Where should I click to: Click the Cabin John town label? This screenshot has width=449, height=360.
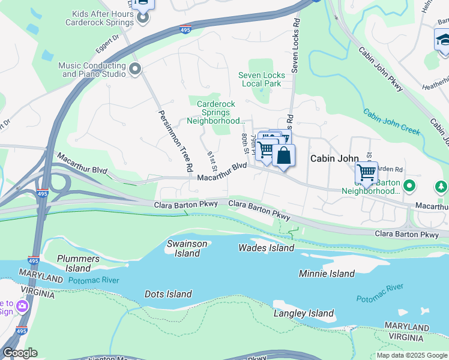[330, 158]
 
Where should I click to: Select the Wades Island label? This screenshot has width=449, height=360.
[266, 248]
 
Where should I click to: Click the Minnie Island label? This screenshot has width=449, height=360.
[327, 274]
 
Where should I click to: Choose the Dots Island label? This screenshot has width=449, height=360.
[168, 294]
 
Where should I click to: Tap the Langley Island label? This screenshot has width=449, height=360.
[303, 313]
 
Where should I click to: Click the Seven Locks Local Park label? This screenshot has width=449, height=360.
[260, 79]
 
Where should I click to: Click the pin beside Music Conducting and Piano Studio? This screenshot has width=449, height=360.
[134, 70]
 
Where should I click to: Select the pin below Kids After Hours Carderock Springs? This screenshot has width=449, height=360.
[142, 19]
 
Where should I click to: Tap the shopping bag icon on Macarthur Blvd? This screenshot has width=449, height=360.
[283, 156]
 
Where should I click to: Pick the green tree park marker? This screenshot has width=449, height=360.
[441, 187]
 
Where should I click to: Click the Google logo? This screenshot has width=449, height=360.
[20, 353]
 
